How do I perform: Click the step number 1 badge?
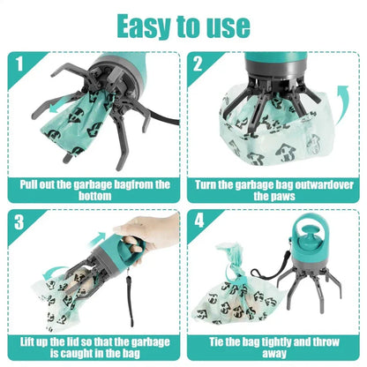click(17, 64)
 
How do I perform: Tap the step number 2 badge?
click(198, 64)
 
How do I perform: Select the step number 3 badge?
click(17, 221)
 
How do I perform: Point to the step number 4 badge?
click(199, 221)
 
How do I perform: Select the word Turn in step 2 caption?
click(211, 185)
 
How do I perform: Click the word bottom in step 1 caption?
click(94, 196)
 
